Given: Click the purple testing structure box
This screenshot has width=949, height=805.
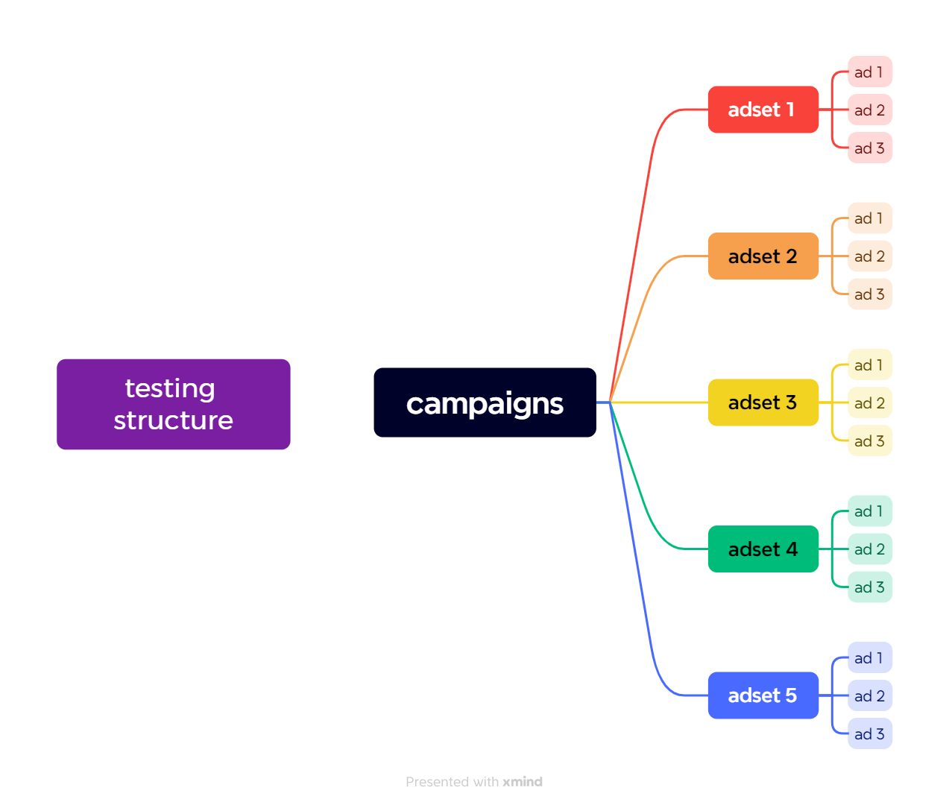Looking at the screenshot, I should click(173, 404).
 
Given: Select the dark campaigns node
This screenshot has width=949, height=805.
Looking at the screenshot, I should click(485, 402).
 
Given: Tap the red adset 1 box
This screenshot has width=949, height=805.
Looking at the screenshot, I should click(763, 110).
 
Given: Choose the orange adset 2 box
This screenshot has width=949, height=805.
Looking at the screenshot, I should click(763, 256).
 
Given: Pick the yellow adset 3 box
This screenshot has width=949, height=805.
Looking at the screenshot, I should click(763, 402).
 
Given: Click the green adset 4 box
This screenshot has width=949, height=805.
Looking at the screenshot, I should click(763, 549).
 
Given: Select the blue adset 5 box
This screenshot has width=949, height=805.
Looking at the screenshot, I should click(763, 695).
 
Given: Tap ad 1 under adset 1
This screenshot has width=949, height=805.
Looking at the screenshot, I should click(869, 72).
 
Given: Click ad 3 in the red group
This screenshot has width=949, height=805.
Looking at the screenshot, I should click(869, 148).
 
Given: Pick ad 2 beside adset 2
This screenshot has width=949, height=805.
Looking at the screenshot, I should click(869, 256).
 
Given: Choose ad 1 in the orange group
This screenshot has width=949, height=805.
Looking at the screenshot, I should click(869, 218).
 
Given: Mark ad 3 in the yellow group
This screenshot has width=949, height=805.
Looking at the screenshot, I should click(869, 441).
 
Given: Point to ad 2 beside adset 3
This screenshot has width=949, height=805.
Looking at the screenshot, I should click(869, 403).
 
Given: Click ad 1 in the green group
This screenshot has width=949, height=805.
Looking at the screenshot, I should click(869, 511).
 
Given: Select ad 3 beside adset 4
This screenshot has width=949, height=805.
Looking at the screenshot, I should click(869, 587).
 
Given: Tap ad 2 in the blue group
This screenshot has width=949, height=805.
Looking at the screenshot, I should click(869, 696).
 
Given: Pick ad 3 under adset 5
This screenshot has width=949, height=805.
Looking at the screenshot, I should click(869, 734).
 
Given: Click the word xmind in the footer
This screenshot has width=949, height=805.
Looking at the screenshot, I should click(523, 782).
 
